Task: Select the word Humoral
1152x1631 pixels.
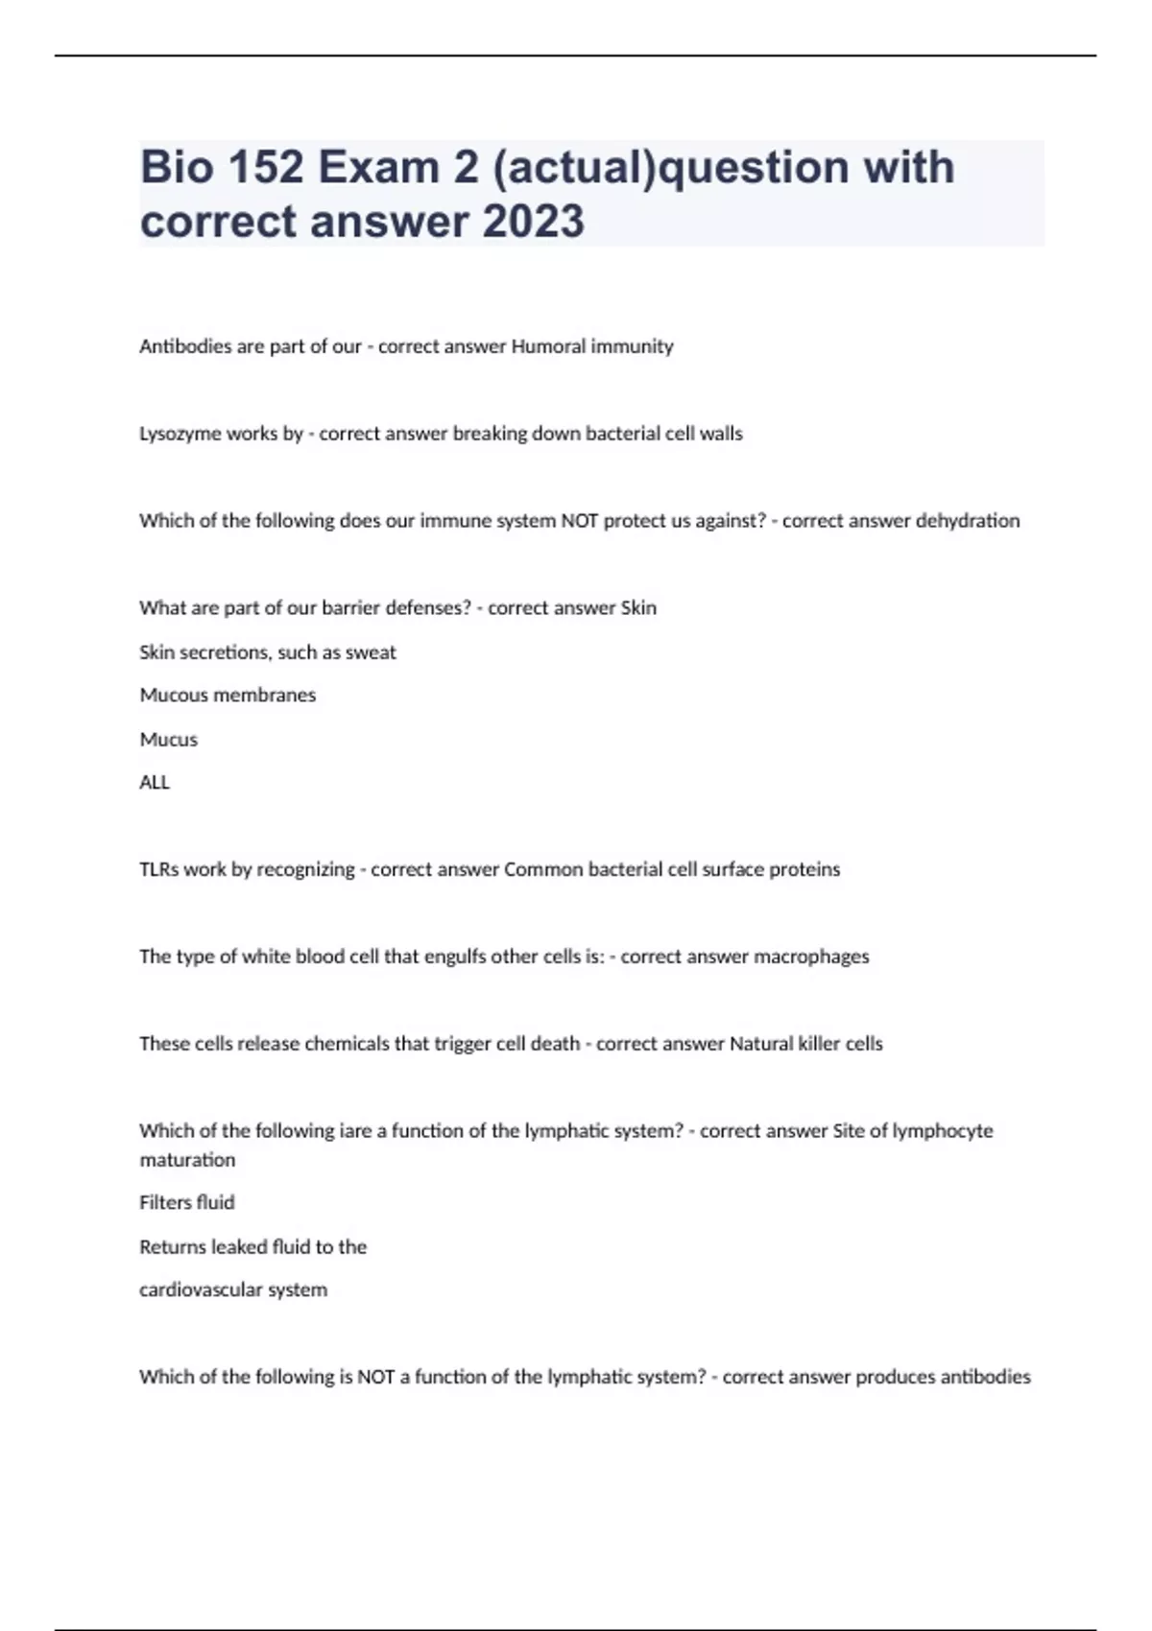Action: [548, 346]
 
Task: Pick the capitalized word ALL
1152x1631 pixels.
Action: [155, 783]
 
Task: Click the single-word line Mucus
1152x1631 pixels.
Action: [169, 740]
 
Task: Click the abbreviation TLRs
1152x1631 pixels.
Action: [159, 869]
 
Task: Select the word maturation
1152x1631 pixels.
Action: [187, 1160]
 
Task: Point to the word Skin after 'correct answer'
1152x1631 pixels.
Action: [638, 608]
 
